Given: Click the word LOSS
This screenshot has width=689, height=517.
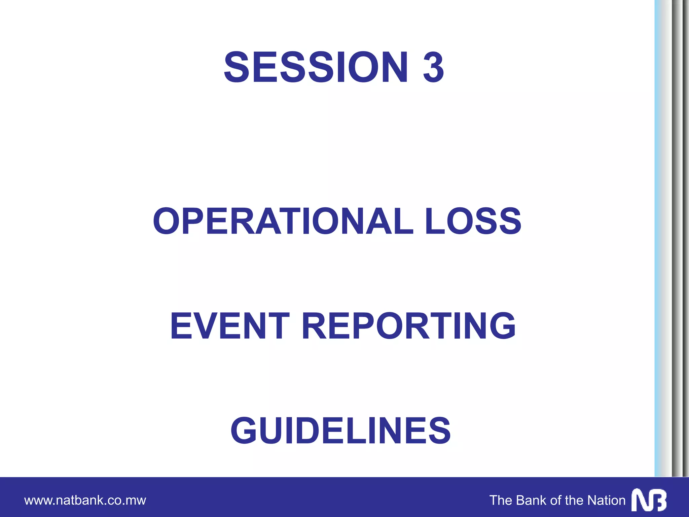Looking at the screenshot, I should [x=473, y=221].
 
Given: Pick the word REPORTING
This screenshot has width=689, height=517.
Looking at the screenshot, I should [x=408, y=326].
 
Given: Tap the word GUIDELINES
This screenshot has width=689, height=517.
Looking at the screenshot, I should [x=340, y=430].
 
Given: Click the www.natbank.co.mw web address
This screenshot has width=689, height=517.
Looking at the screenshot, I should [x=85, y=500].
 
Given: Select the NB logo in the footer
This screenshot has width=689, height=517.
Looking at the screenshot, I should [x=649, y=500].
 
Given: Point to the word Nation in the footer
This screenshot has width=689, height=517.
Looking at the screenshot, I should [x=606, y=500].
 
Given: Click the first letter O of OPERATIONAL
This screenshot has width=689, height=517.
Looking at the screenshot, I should [x=167, y=221].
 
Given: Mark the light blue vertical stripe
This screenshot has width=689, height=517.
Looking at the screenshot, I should [x=657, y=236].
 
